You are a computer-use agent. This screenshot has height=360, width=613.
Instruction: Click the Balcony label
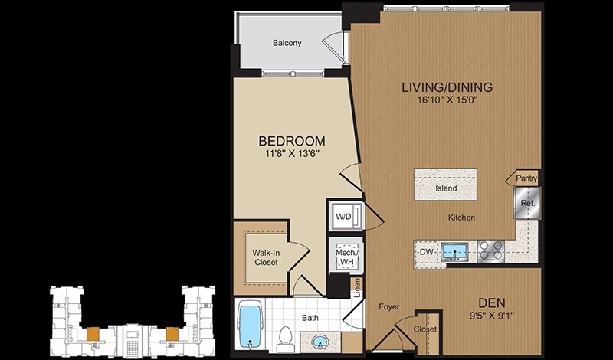(x=287, y=43)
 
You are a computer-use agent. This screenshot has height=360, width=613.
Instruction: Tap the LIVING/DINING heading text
(x=447, y=87)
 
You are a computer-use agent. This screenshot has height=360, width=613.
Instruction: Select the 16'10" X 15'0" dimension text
(x=447, y=100)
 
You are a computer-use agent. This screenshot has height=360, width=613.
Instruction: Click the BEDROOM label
(x=292, y=141)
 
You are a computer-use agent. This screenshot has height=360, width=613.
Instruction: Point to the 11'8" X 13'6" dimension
(x=292, y=154)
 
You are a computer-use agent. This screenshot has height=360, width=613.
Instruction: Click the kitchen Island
(x=446, y=184)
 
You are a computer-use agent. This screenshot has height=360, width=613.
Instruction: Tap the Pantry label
(x=526, y=178)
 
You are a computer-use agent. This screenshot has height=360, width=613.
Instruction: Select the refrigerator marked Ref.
(x=527, y=202)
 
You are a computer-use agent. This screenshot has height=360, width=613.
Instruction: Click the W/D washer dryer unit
(x=343, y=216)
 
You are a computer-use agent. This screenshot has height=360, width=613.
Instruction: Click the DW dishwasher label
(x=426, y=252)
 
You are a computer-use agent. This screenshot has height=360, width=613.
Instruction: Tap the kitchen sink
(x=454, y=252)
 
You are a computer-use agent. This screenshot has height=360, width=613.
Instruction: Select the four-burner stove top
(x=491, y=250)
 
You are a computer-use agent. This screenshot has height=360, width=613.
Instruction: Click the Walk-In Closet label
(x=265, y=257)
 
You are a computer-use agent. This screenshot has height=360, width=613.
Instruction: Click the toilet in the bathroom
(x=284, y=339)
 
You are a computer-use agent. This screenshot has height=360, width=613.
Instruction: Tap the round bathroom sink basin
(x=320, y=342)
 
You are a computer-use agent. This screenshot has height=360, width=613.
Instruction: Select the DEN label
(x=492, y=303)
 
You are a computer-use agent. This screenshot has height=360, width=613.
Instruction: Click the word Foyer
(x=389, y=307)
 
